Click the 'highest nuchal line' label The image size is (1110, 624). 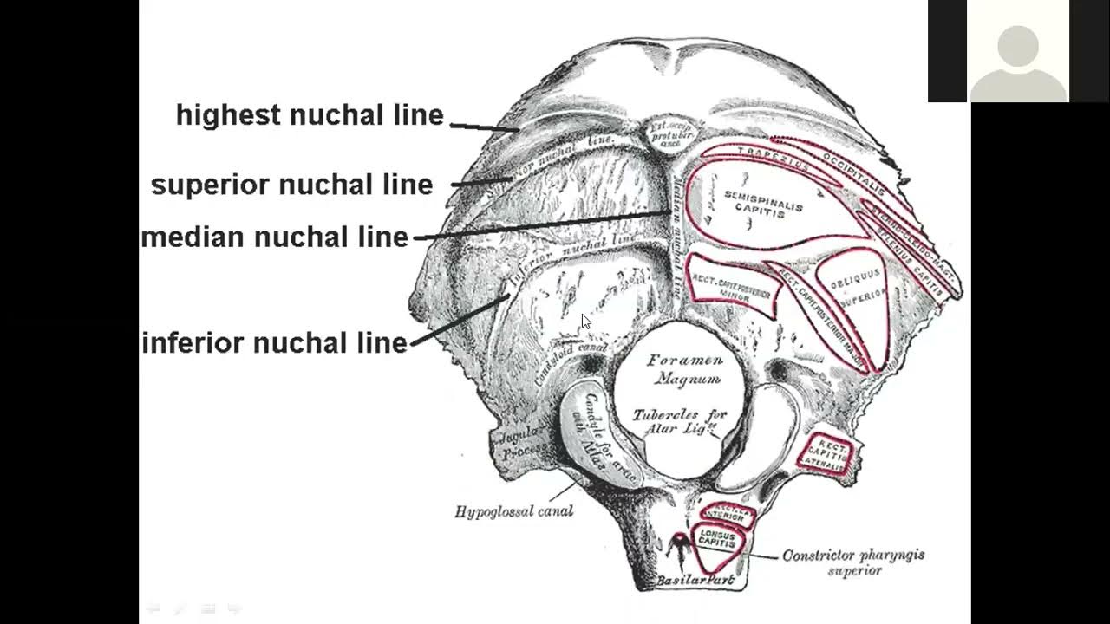(310, 115)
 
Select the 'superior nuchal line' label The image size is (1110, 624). (291, 185)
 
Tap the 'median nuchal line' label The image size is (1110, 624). (275, 237)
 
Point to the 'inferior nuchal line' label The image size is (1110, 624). (275, 343)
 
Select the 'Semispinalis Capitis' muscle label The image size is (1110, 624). (762, 202)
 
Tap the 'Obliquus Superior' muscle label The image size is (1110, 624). (855, 286)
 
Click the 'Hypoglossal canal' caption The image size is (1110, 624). (513, 511)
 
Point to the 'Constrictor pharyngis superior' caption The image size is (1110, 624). (853, 562)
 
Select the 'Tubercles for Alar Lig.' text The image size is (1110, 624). (679, 422)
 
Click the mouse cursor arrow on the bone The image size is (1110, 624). (585, 321)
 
